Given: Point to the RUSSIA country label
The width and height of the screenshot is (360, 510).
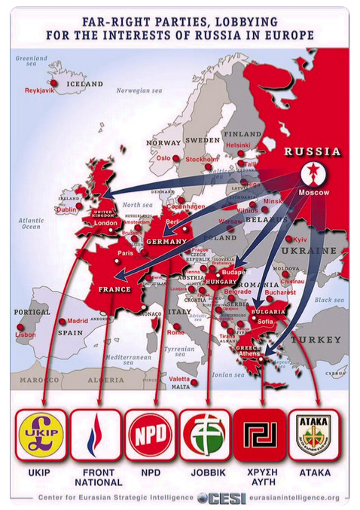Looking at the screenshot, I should click(x=312, y=151).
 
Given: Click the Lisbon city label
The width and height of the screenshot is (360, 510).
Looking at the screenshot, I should click(x=25, y=334).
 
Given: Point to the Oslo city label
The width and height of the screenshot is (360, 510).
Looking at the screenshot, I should click(x=163, y=158).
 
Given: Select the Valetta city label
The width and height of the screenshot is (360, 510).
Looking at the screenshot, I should click(x=178, y=378).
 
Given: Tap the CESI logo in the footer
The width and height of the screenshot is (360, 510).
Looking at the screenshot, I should click(x=220, y=497).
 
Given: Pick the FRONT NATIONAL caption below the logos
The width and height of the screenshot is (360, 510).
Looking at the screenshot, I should click(x=96, y=478).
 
